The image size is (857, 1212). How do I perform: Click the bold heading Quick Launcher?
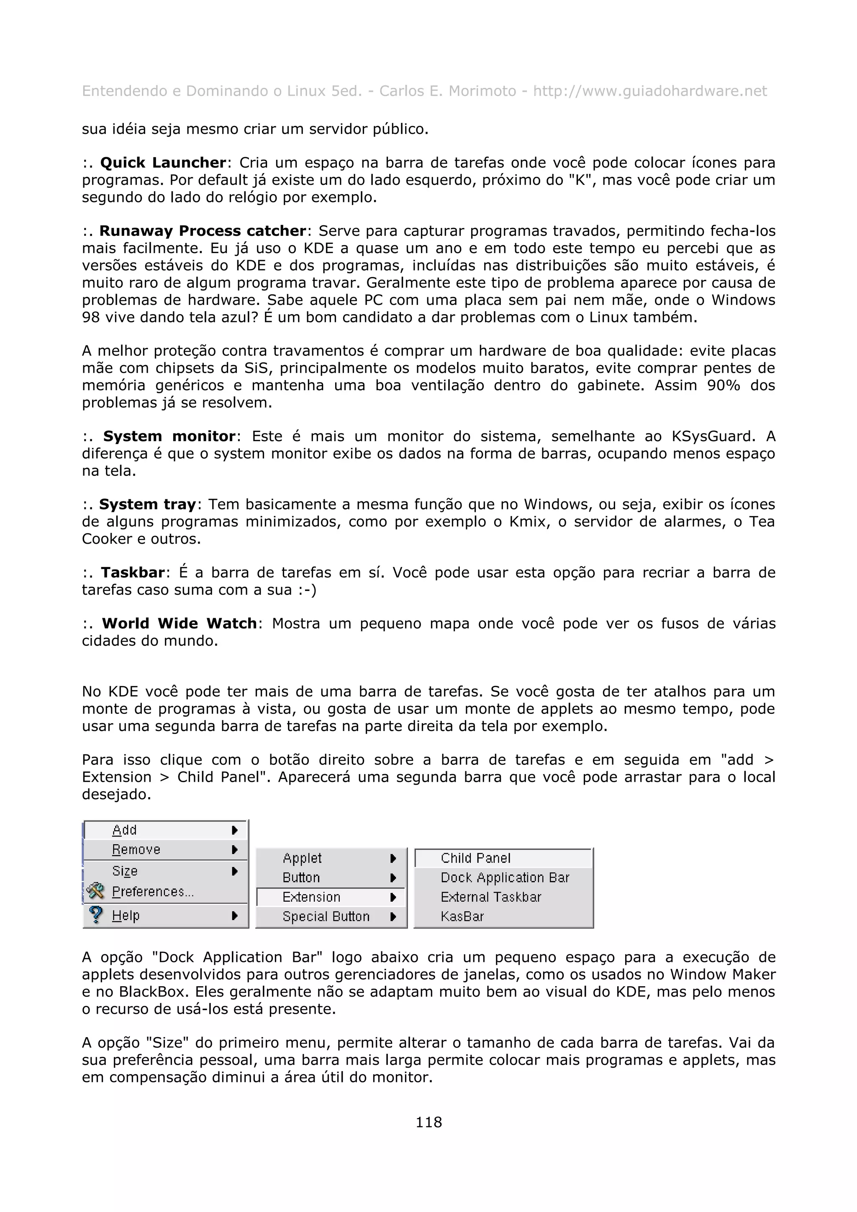tap(163, 163)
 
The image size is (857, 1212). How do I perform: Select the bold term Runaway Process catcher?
tap(203, 231)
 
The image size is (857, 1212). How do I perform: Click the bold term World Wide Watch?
tap(179, 624)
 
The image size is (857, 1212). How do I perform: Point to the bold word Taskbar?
tap(133, 572)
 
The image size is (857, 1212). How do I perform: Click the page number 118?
tap(428, 1122)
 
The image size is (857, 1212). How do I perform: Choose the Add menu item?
tap(125, 830)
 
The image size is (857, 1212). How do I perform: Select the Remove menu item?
tap(136, 850)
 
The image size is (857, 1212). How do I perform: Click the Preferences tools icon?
tap(95, 891)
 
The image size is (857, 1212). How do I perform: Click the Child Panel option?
tap(475, 858)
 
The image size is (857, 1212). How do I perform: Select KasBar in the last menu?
tap(462, 916)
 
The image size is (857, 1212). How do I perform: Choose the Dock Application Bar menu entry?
tap(505, 878)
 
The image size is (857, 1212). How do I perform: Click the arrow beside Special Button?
tap(393, 917)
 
